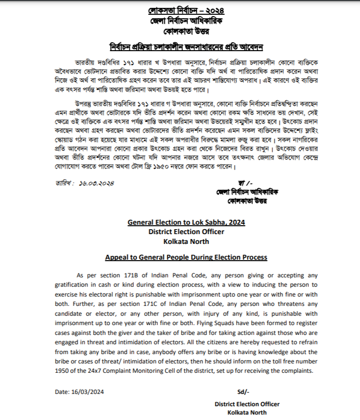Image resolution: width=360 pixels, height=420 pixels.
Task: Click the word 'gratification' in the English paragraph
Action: (72, 285)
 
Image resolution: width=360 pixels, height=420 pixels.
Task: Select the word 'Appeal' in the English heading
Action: (116, 257)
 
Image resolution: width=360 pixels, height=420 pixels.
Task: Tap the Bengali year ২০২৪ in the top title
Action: (203, 11)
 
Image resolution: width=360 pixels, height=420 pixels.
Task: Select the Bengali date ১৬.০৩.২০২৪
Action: (95, 183)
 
